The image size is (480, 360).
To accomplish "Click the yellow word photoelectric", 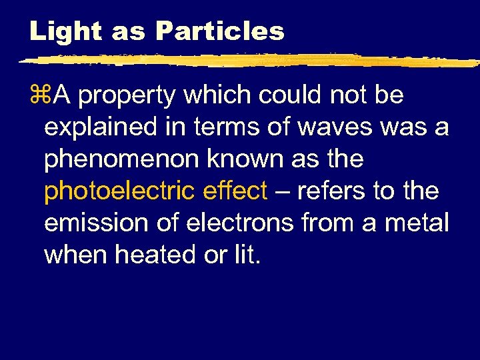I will point(119,192).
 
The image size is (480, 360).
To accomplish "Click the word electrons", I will point(239,223).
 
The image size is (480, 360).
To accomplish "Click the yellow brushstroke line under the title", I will point(247,61).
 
